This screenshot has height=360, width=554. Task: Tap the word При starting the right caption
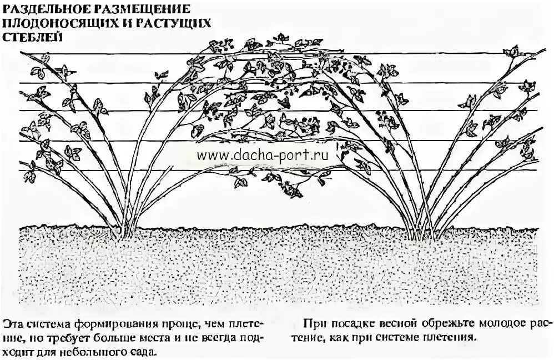313,323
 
